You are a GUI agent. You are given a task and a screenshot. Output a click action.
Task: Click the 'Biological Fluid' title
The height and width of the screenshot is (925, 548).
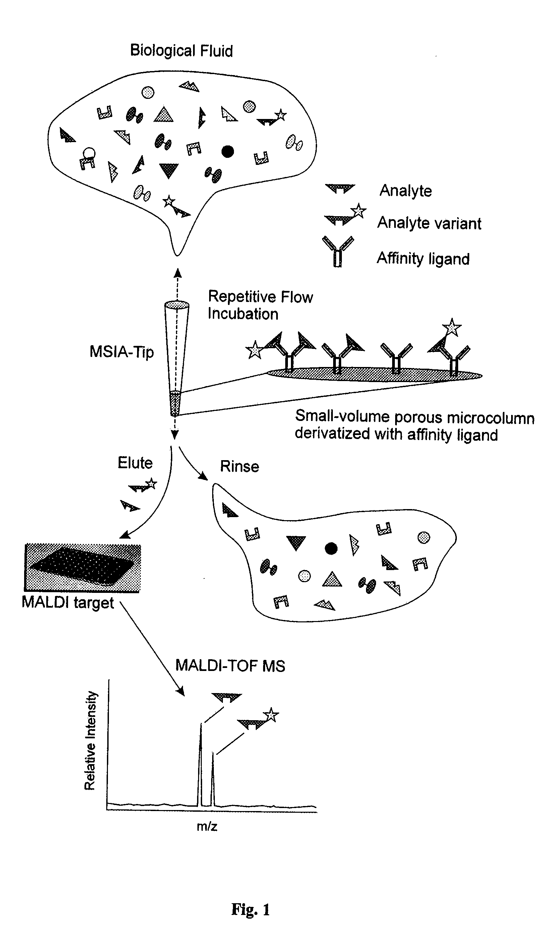(x=181, y=51)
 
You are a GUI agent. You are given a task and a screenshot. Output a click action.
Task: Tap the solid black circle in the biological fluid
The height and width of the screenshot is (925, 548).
(x=228, y=151)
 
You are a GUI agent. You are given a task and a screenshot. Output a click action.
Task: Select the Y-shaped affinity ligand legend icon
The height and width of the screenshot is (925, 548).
(x=338, y=251)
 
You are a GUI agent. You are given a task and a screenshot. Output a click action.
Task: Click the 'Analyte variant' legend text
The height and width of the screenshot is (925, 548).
(x=429, y=223)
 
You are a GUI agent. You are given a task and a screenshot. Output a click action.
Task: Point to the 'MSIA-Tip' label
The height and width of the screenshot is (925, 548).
(x=121, y=352)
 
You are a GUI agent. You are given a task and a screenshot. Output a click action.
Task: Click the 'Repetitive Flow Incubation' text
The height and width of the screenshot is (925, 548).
(x=260, y=305)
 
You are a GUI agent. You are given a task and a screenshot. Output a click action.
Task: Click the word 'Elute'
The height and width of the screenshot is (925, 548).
(x=135, y=463)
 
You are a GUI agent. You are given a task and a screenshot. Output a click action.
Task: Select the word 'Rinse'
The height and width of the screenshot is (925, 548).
(x=240, y=467)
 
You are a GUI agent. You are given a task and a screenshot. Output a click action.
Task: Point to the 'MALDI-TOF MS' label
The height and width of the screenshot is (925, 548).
(x=230, y=666)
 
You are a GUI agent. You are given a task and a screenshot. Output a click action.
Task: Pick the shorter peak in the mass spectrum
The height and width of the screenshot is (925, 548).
(x=213, y=779)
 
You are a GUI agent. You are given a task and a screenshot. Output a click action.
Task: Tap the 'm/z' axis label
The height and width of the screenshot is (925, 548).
(x=207, y=826)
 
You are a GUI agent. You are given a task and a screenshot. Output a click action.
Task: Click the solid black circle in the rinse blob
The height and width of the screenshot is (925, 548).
(x=331, y=548)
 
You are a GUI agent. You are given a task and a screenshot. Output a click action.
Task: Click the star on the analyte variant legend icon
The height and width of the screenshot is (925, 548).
(x=358, y=211)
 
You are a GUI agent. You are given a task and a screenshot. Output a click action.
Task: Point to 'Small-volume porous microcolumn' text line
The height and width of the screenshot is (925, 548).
(x=415, y=417)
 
